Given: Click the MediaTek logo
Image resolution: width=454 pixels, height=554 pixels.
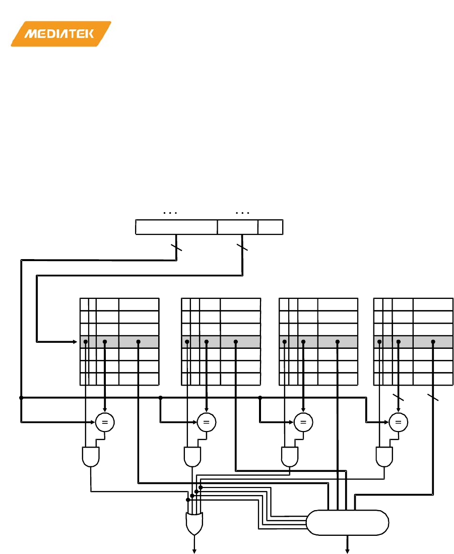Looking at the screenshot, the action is (x=60, y=34).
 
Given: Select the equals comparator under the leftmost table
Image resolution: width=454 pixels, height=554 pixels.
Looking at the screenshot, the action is (x=104, y=422).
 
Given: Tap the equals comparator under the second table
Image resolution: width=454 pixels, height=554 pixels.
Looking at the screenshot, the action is (x=206, y=422).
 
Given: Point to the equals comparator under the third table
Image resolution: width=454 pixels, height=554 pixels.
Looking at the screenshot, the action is (x=303, y=422).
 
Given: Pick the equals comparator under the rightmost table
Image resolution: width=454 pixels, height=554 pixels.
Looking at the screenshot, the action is (x=398, y=422).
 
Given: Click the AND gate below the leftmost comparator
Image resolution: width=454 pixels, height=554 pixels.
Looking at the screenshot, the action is (x=90, y=457).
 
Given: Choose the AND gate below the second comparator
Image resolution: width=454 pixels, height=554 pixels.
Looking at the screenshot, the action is (x=192, y=457).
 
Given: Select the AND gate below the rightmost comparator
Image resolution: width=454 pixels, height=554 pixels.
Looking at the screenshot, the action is (x=385, y=457).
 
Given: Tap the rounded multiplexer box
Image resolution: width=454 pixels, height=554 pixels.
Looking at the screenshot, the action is (x=348, y=522).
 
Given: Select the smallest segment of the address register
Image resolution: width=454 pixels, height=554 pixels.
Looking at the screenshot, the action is (x=270, y=227).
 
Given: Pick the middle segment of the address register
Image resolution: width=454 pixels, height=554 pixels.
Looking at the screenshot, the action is (x=237, y=227).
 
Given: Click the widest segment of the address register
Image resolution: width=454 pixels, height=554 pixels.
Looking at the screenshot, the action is (x=176, y=227).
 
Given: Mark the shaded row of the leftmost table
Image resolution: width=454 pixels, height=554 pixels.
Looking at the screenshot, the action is (x=119, y=342).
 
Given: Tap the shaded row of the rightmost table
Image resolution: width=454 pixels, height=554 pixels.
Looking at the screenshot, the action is (x=413, y=342).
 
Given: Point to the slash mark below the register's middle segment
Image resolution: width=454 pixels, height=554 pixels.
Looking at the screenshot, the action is (x=242, y=248).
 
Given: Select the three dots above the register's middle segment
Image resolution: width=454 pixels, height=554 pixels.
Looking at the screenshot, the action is (x=242, y=213).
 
